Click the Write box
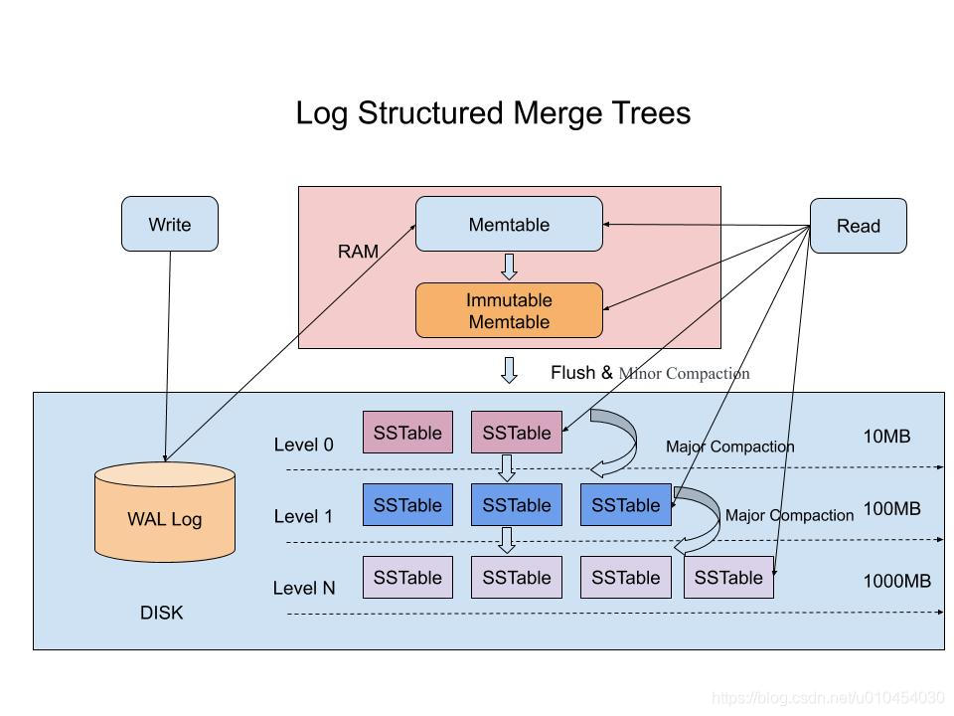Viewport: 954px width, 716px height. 169,224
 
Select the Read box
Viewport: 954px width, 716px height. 858,226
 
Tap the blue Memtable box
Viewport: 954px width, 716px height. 509,224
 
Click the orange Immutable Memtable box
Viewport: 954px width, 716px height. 509,310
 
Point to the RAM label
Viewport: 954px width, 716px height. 358,252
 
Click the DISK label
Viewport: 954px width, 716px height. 161,613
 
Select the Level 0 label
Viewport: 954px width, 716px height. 303,445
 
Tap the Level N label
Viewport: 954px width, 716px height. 303,588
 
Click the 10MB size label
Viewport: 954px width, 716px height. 886,436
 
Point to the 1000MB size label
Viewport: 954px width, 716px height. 896,581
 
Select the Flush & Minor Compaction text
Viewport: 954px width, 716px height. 650,373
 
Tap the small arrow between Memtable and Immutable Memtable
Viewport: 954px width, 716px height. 509,267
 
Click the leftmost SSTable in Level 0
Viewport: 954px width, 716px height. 407,433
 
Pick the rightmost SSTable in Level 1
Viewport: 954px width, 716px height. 625,505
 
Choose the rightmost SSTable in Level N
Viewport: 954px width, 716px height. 728,578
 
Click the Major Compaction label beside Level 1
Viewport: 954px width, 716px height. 789,515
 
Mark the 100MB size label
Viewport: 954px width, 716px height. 891,508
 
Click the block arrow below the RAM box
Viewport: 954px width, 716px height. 509,370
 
